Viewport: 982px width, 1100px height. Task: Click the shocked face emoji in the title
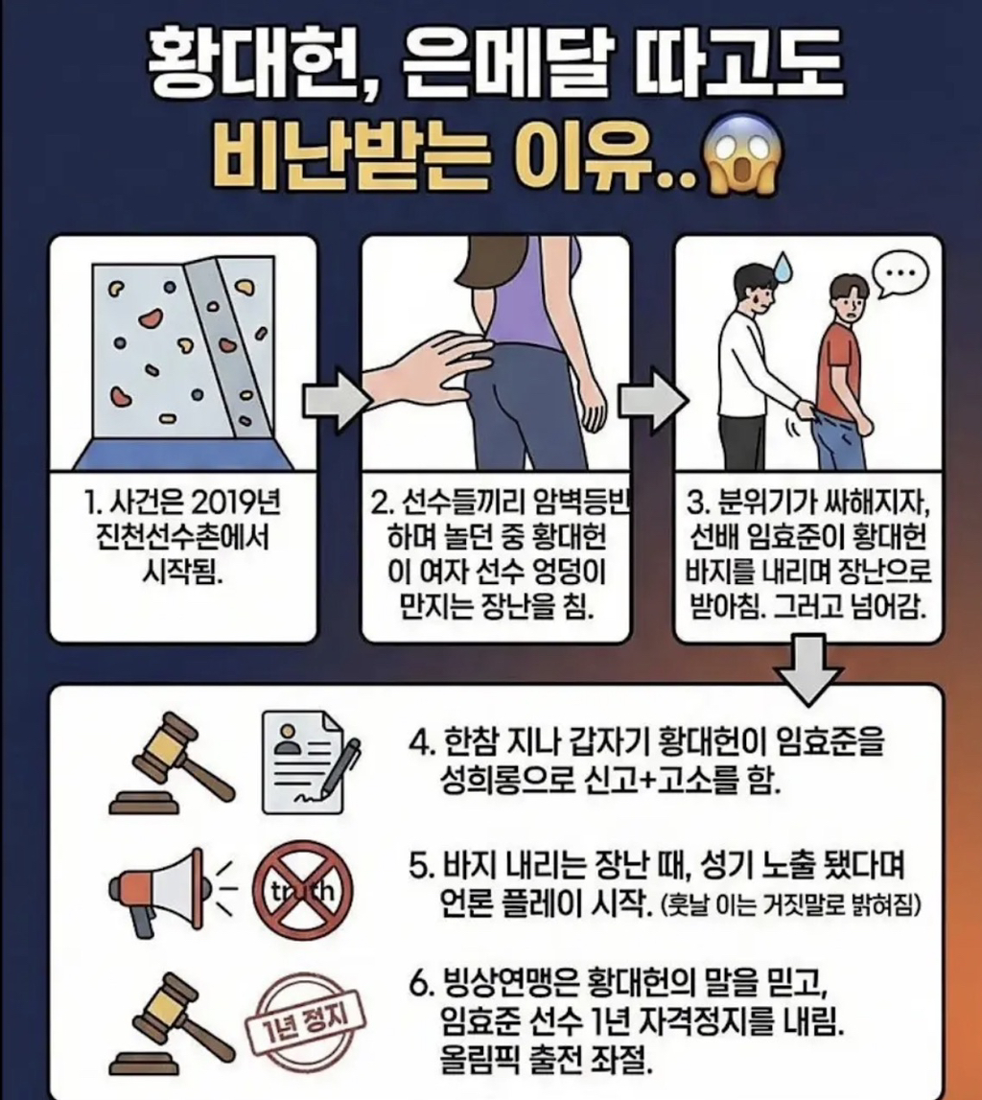(x=744, y=162)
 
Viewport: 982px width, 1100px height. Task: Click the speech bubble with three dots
(x=900, y=274)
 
